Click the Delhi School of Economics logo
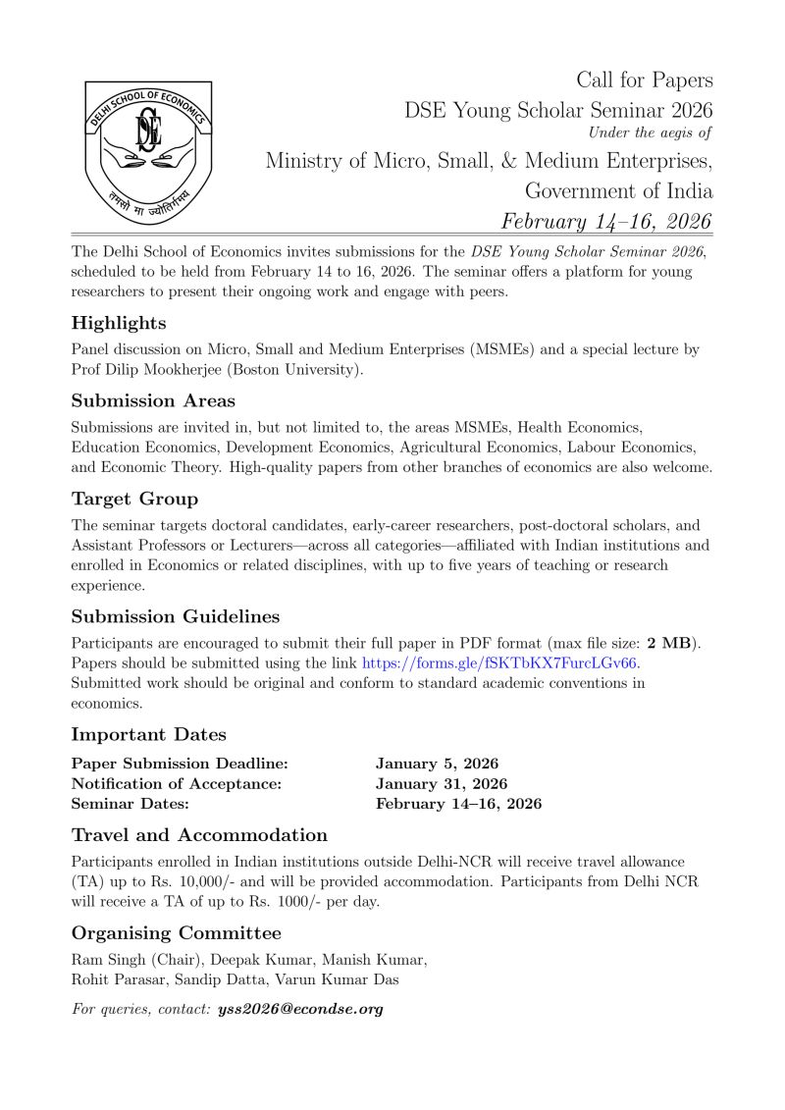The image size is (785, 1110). [x=148, y=153]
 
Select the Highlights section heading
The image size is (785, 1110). [x=119, y=323]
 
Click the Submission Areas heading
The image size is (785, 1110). [x=153, y=400]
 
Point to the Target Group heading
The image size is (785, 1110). [x=134, y=499]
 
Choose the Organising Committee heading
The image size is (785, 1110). [x=176, y=932]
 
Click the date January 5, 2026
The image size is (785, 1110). [x=437, y=764]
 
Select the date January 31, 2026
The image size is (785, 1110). [x=442, y=783]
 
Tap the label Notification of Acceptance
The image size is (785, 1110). [x=177, y=783]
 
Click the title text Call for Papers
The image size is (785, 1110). [x=644, y=80]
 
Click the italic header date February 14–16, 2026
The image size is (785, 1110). [x=606, y=220]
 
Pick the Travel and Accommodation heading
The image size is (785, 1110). [x=199, y=834]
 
